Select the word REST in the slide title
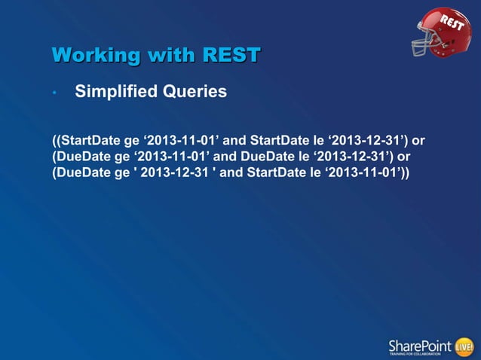coord(231,56)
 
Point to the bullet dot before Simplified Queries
coord(55,94)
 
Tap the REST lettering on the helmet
coord(454,24)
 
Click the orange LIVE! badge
coord(464,346)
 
